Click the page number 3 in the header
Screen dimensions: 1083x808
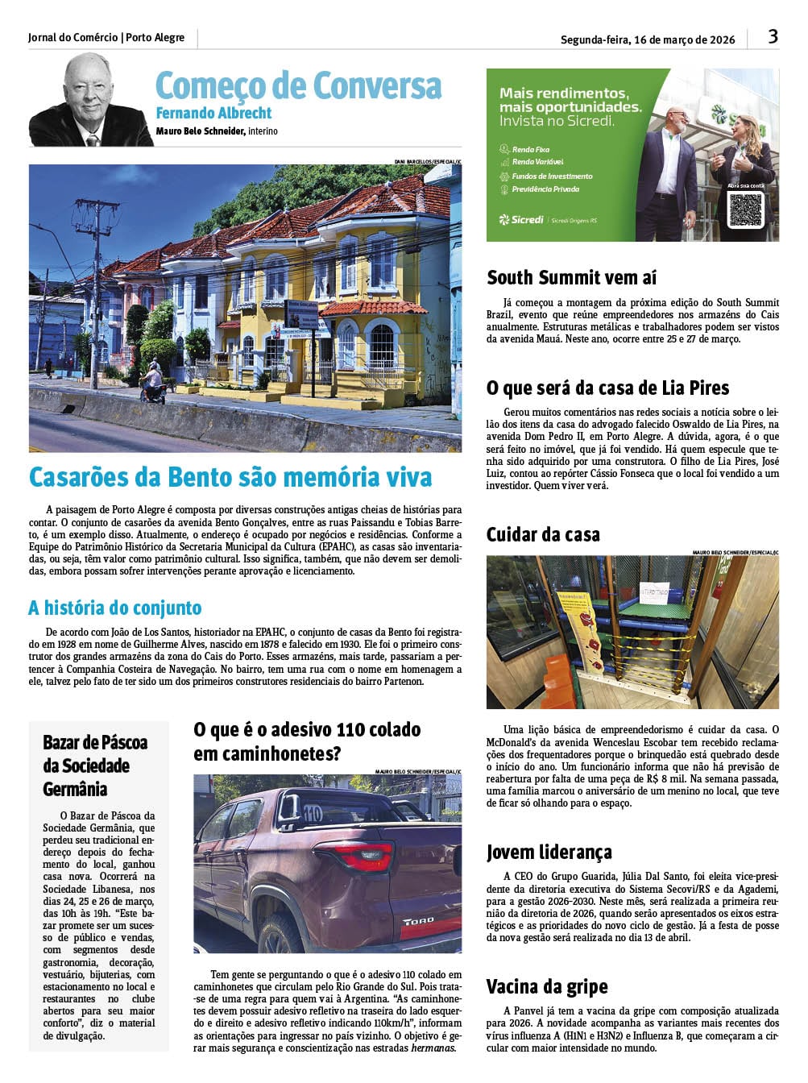pos(773,36)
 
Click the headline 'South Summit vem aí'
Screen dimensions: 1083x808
pos(571,278)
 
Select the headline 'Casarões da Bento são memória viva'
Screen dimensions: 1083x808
pos(230,477)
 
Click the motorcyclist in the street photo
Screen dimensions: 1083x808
pos(152,382)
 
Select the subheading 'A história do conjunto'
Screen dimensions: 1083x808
pos(114,608)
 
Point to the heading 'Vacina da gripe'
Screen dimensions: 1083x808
pos(546,986)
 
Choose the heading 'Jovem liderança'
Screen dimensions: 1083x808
pos(549,852)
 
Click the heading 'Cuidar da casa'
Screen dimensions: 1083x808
pos(543,534)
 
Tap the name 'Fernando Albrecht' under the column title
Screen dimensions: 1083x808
pos(213,113)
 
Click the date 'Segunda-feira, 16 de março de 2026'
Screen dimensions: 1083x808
pos(648,39)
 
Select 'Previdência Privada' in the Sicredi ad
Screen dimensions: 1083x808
pos(545,189)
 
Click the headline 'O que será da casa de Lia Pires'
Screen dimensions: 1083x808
pos(607,388)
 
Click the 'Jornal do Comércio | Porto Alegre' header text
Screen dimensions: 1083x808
pos(106,37)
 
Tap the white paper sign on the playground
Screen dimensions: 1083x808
pos(653,593)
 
